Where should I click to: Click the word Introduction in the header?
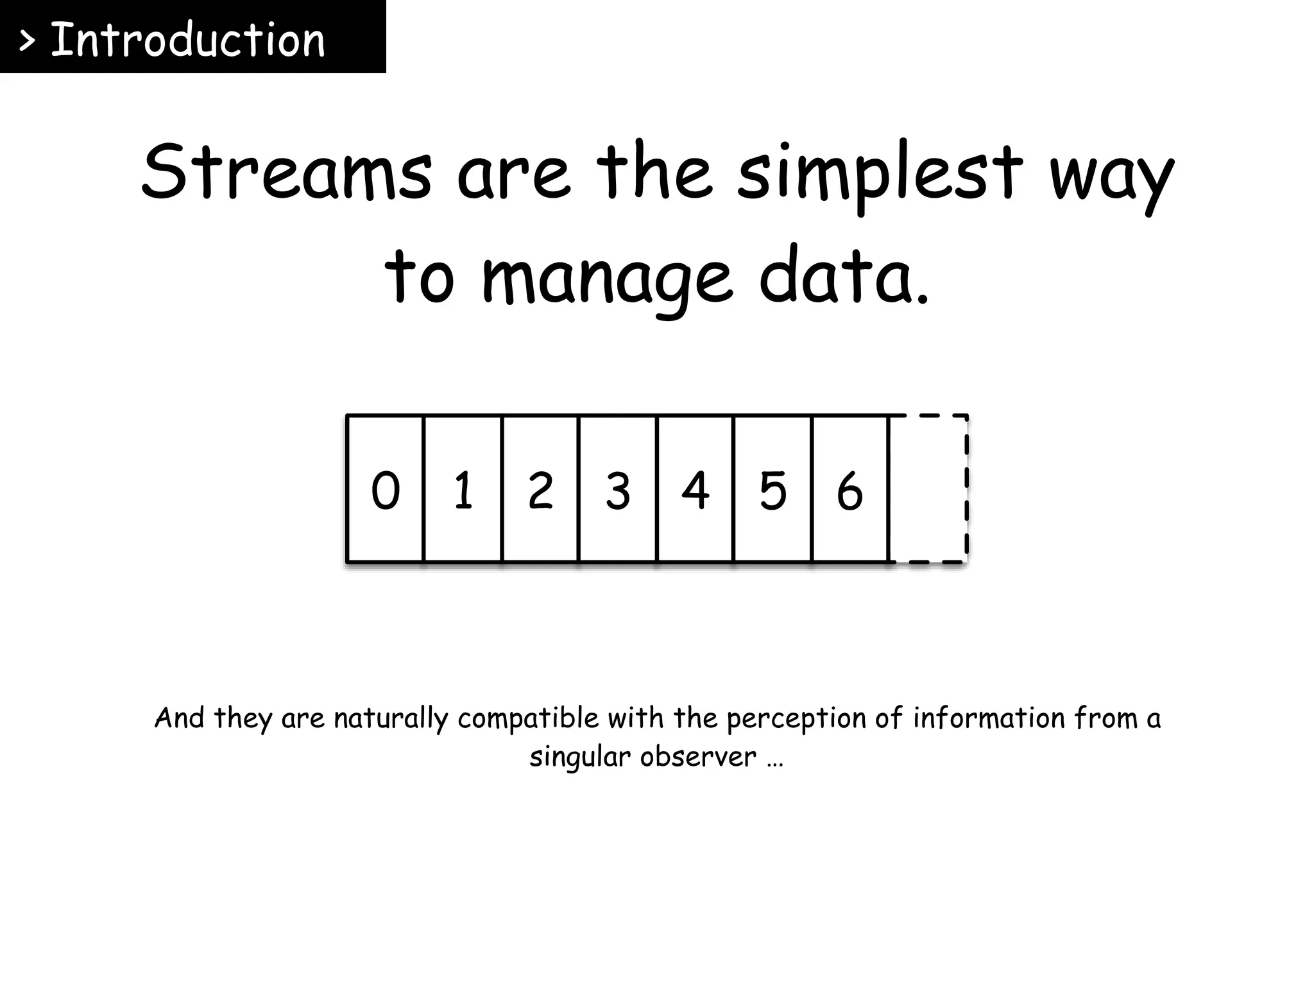pyautogui.click(x=187, y=40)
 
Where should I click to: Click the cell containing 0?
pyautogui.click(x=386, y=490)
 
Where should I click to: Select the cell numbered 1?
pyautogui.click(x=463, y=490)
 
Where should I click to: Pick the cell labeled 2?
pyautogui.click(x=540, y=490)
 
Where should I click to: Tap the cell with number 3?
pyautogui.click(x=618, y=490)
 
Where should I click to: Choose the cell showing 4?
pyautogui.click(x=695, y=490)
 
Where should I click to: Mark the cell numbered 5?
pyautogui.click(x=773, y=490)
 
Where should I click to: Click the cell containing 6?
pyautogui.click(x=850, y=490)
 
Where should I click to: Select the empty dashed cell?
pyautogui.click(x=928, y=490)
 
